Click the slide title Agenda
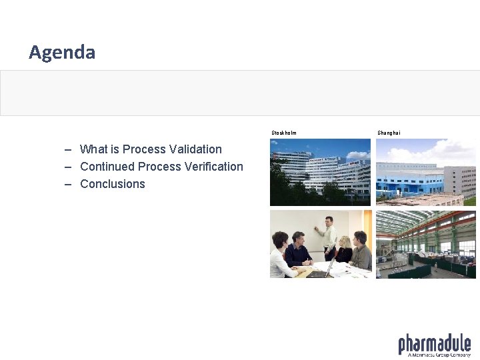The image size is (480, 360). coord(62,52)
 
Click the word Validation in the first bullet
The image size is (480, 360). coord(195,149)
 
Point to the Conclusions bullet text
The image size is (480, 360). coord(112,184)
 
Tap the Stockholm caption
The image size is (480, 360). coord(284,133)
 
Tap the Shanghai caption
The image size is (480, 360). coord(389,133)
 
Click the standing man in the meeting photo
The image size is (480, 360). coord(328,237)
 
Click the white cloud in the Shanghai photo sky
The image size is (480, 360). coord(440,153)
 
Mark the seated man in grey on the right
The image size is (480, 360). coord(361,251)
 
